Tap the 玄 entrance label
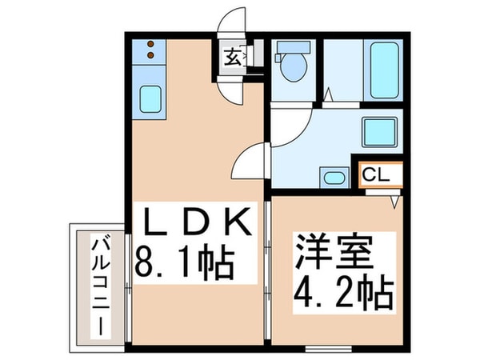pyautogui.click(x=232, y=57)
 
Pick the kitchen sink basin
pyautogui.click(x=150, y=99)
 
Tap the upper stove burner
pyautogui.click(x=150, y=46)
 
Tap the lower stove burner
pyautogui.click(x=150, y=56)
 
